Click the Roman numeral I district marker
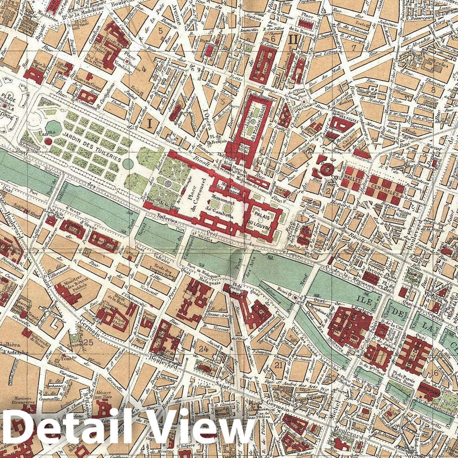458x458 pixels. coord(149,125)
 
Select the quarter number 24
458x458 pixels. coord(203,348)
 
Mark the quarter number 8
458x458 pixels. coord(434,90)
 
